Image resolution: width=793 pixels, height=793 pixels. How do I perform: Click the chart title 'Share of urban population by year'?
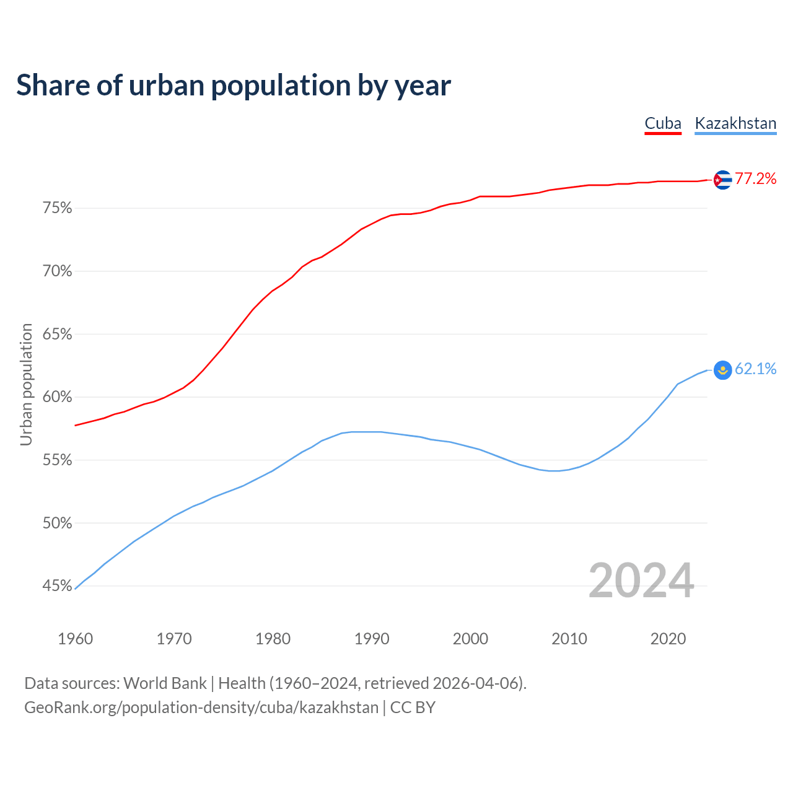234,85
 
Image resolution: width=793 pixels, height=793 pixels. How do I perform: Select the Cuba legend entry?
663,123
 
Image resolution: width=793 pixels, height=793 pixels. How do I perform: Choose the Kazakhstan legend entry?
735,123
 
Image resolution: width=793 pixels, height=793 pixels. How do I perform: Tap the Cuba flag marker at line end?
722,180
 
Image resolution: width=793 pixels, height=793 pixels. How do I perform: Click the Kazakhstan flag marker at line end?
722,370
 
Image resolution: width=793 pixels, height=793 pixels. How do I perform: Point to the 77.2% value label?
755,179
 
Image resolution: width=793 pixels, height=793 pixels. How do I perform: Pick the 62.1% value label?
755,369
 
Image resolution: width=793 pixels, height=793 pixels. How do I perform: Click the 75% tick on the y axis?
57,208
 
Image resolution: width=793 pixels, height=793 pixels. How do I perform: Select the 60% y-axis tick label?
57,397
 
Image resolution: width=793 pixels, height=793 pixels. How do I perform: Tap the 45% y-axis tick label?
57,586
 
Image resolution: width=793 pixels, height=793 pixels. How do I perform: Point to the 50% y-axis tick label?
57,524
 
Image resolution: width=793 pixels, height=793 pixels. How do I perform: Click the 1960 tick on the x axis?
75,639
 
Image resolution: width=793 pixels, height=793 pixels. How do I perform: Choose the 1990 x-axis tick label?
372,639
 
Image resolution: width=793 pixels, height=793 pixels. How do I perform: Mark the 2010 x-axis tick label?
569,639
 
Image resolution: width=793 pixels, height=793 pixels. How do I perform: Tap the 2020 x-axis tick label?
668,639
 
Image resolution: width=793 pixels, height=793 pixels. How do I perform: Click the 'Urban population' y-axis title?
26,384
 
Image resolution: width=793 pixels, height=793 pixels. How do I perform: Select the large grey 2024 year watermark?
641,581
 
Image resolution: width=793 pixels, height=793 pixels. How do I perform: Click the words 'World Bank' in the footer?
165,683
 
